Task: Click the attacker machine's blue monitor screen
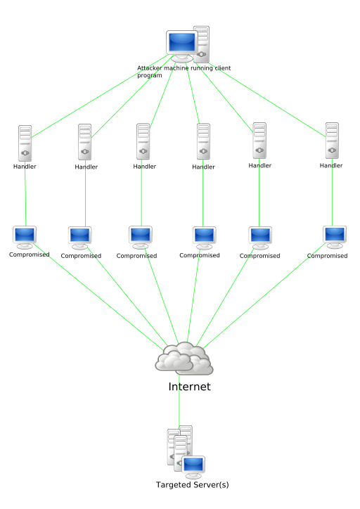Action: point(182,42)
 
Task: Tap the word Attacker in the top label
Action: point(149,68)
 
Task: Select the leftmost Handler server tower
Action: point(25,143)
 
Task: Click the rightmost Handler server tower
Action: point(332,141)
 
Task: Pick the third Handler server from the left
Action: point(143,141)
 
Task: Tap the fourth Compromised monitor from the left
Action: point(204,238)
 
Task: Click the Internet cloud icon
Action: point(184,358)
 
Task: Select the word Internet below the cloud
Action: point(190,387)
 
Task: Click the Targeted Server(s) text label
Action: point(193,484)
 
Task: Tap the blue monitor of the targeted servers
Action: point(193,465)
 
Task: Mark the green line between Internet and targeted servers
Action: point(179,401)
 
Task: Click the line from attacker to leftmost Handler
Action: point(101,96)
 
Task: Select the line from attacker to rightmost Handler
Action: point(266,100)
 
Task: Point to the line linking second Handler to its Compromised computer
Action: point(85,193)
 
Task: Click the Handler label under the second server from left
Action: point(86,167)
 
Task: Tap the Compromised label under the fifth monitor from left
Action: point(259,256)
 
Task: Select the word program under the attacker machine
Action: point(150,76)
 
